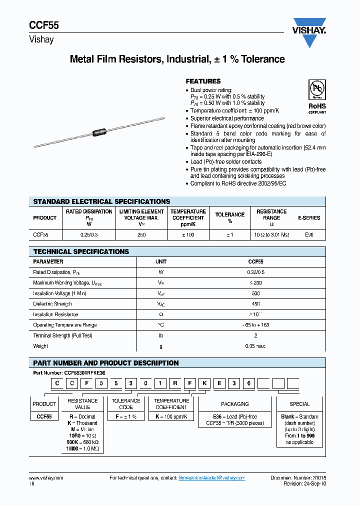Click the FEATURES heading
click(x=203, y=81)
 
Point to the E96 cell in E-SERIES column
click(x=309, y=234)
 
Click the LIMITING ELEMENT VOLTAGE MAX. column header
click(x=141, y=218)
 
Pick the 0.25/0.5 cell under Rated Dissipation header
click(x=89, y=234)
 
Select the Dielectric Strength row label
click(x=52, y=304)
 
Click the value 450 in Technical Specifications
click(x=255, y=304)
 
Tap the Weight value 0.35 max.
click(x=255, y=346)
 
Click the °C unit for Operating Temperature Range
click(x=161, y=325)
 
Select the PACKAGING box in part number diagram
click(x=234, y=403)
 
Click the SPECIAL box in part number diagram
click(x=299, y=403)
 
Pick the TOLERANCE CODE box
click(x=126, y=403)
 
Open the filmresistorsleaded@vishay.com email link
click(x=212, y=478)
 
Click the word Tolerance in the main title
click(x=259, y=59)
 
